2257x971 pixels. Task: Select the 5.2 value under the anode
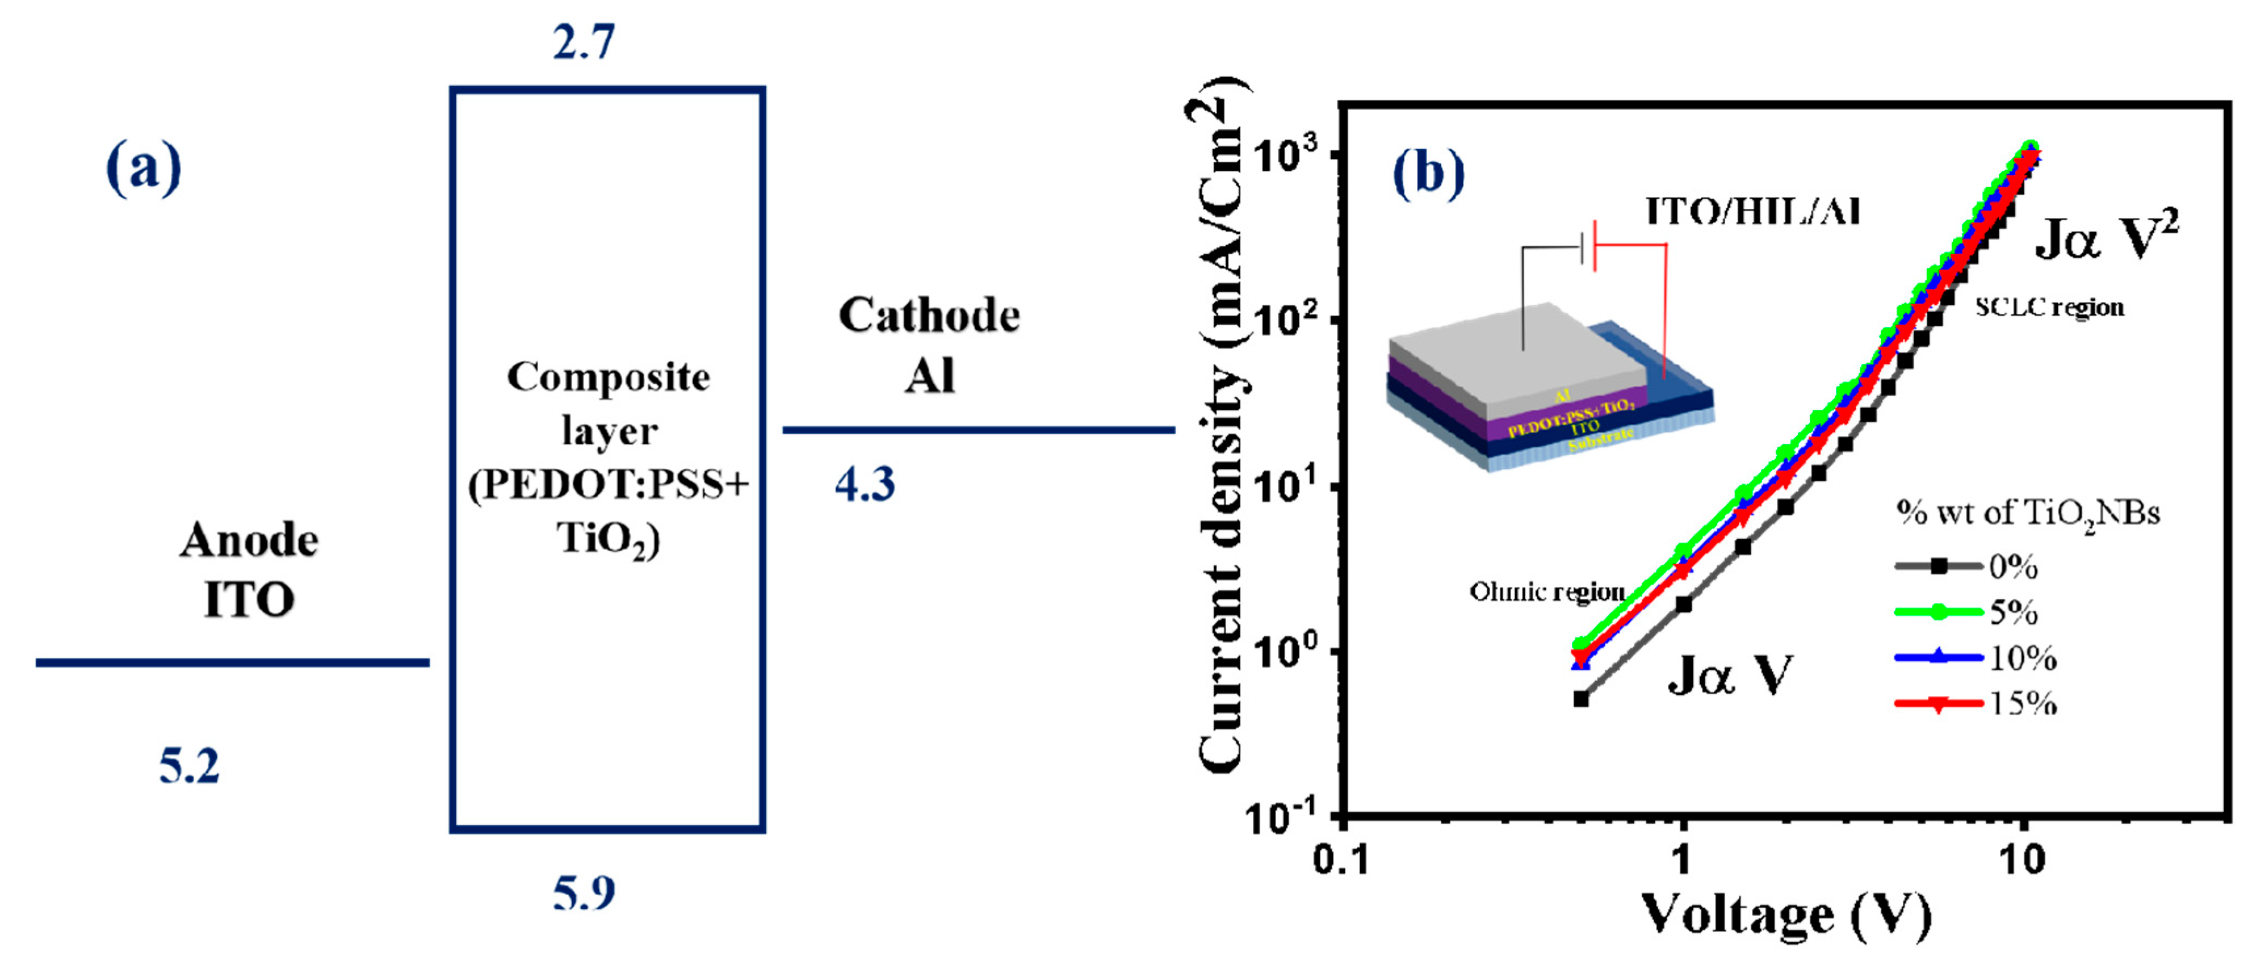click(x=189, y=766)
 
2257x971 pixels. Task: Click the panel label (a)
click(x=143, y=168)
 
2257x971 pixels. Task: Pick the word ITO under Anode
click(x=249, y=600)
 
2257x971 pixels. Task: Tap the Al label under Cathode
click(x=930, y=377)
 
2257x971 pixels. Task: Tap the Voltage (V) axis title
click(x=1785, y=916)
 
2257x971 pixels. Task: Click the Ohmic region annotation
click(x=1546, y=592)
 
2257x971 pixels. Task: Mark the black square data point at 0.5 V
click(x=1581, y=699)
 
